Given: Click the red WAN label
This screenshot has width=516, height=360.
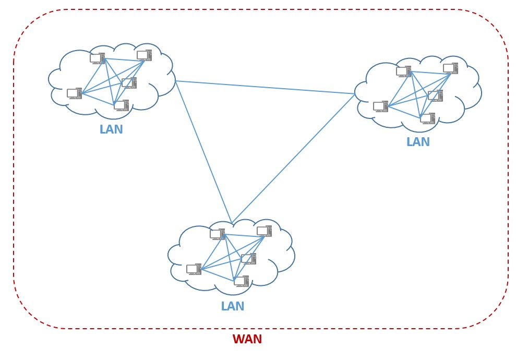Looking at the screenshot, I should click(247, 340).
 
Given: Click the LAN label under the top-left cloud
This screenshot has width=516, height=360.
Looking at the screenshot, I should click(111, 130).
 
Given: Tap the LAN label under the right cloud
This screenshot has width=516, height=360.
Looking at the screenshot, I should click(418, 142).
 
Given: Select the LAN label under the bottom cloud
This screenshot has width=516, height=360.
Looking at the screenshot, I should click(232, 307).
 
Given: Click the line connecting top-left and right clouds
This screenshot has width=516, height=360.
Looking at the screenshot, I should click(265, 87).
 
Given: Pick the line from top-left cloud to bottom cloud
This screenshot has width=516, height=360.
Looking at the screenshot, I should click(203, 152).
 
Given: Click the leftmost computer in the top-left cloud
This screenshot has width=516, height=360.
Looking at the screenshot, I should click(74, 93).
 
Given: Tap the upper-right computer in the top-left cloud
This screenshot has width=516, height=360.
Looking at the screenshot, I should click(144, 55).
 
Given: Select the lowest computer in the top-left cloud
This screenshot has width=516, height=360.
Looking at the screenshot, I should click(121, 105).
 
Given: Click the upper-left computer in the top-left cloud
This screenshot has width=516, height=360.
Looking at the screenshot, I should click(97, 58).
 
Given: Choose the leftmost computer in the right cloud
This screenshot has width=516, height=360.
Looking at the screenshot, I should click(380, 106).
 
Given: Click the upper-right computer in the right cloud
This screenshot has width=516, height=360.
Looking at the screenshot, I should click(450, 68).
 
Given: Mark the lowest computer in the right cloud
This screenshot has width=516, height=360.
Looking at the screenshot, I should click(427, 118).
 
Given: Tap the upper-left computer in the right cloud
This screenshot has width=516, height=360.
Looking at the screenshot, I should click(403, 71).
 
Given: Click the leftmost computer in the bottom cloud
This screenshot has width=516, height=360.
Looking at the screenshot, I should click(194, 269).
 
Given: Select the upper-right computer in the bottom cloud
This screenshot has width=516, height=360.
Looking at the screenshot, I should click(264, 231).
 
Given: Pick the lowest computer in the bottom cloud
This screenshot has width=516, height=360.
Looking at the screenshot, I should click(241, 281).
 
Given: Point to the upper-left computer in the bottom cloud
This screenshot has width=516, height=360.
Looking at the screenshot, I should click(217, 234).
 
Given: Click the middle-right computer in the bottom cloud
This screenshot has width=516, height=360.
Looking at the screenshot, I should click(248, 259).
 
